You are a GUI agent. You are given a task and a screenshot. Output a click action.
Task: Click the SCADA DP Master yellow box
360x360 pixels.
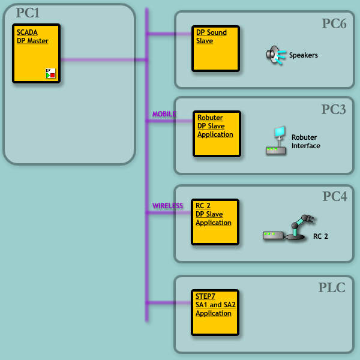[36, 53]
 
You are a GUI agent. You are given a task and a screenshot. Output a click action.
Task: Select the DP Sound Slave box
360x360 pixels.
[215, 48]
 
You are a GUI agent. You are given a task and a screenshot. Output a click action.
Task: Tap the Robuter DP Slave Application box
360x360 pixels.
[216, 133]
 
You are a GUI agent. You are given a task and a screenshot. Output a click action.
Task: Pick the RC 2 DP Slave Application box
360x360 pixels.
[215, 221]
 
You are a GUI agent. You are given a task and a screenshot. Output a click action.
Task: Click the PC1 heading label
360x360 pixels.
[28, 13]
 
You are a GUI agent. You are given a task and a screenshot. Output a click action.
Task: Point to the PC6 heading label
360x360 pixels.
[334, 23]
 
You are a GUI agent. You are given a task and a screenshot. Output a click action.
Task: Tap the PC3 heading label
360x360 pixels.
[334, 109]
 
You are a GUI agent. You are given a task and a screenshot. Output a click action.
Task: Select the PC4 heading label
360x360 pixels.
[334, 196]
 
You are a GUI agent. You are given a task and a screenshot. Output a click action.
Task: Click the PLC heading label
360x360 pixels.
[332, 287]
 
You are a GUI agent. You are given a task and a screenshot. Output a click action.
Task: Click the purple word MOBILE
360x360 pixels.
[164, 114]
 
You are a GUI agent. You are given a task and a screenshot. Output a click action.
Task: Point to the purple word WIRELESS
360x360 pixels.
[167, 206]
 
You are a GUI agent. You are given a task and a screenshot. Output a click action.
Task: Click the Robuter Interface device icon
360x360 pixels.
[276, 142]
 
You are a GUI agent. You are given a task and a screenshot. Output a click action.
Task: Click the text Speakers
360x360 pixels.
[303, 55]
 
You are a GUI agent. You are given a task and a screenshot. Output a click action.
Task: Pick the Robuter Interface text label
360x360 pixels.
[305, 142]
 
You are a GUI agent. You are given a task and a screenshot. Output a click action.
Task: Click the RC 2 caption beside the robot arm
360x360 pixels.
[320, 236]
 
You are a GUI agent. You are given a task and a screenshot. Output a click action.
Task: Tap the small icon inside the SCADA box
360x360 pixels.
[50, 73]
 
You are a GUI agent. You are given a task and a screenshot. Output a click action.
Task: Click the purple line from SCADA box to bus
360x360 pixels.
[102, 59]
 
